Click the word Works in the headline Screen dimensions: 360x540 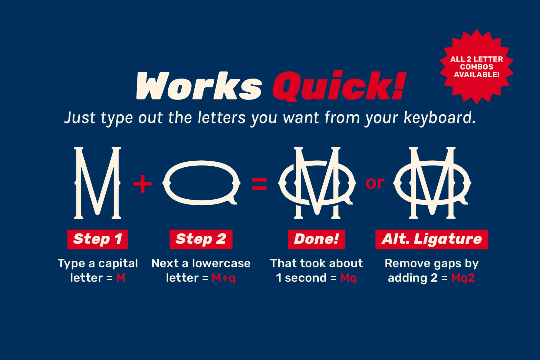pos(199,86)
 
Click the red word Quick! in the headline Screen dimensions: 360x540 pos(339,86)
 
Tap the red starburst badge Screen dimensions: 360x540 pos(476,67)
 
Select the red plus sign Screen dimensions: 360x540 pos(142,183)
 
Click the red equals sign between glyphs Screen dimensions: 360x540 pos(259,184)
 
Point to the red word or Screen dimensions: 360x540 pos(375,183)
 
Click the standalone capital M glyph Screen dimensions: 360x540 pos(97,183)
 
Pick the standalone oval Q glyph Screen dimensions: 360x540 pos(201,183)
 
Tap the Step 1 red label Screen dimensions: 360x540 pos(97,239)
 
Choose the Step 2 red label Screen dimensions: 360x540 pos(201,239)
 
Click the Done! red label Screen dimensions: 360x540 pos(316,239)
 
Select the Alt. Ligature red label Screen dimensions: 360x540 pos(431,239)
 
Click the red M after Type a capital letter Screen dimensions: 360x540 pos(121,278)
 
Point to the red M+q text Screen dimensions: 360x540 pos(224,278)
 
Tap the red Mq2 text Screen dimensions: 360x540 pos(463,278)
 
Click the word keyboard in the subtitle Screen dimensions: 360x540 pos(439,118)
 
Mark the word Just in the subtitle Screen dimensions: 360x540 pos(80,118)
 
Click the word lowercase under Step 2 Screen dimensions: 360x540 pos(221,263)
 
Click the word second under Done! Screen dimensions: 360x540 pos(305,278)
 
